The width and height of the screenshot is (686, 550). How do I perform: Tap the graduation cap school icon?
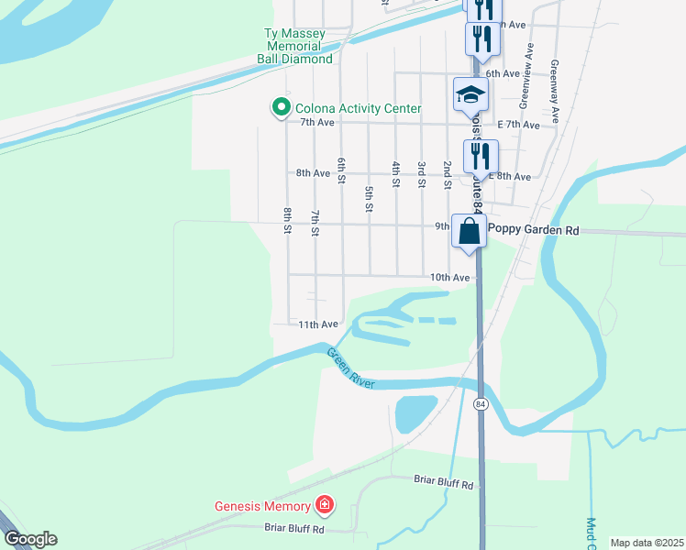470,94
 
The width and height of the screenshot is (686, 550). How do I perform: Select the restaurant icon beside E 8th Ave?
480,157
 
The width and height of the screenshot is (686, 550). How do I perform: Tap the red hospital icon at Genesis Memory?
323,504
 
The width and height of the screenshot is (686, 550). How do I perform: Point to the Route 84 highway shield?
480,403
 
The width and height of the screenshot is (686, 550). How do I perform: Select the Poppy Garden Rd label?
534,231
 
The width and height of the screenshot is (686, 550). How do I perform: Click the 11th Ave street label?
318,324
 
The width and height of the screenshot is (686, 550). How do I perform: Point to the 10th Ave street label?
449,277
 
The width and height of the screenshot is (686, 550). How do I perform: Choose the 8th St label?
287,221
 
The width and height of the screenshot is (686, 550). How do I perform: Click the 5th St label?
369,199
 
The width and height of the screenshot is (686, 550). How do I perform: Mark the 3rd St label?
421,174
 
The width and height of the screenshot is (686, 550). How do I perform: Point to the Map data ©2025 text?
646,543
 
